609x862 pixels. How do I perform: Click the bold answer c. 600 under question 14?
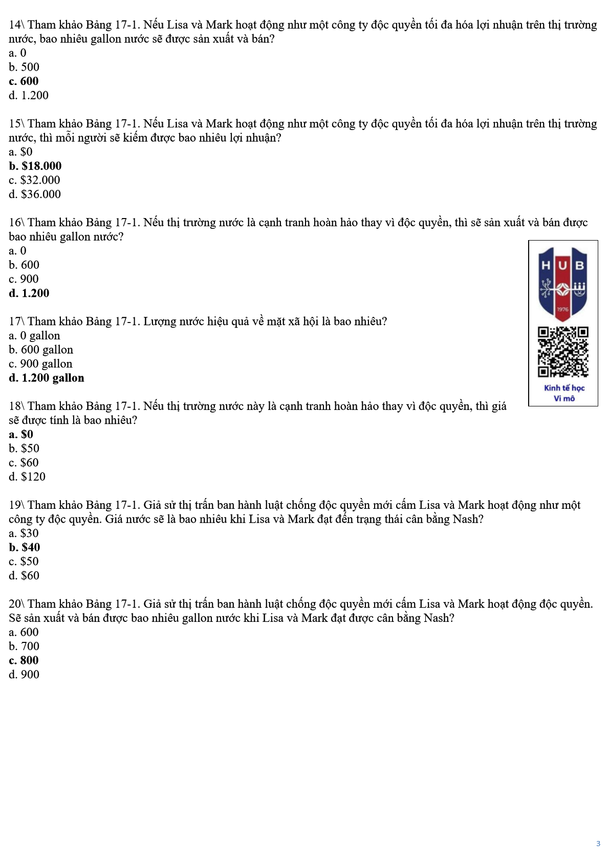(24, 81)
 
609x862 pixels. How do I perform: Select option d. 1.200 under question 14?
(29, 95)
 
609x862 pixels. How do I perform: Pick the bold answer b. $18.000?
(35, 166)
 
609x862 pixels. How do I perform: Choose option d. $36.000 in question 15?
(35, 194)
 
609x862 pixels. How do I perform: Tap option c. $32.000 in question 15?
(34, 180)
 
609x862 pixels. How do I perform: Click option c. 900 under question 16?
(24, 279)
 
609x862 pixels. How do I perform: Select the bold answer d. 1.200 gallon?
(47, 378)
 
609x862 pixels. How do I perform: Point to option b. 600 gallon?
(41, 350)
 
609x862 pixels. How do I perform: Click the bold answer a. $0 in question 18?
(21, 435)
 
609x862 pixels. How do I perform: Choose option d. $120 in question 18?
(27, 477)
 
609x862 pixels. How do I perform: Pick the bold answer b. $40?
(24, 547)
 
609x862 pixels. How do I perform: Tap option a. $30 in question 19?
(24, 533)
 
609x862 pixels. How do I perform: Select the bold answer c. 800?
(24, 660)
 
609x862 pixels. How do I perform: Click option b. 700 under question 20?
(24, 646)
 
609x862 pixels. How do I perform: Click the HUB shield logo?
(563, 283)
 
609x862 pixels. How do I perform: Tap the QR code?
(563, 352)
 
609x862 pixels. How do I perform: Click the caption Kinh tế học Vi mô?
(564, 393)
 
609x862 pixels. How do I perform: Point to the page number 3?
(598, 844)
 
